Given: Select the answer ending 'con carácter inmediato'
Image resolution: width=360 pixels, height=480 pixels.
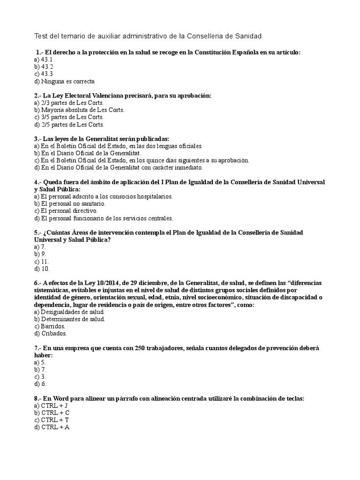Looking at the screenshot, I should pyautogui.click(x=122, y=167).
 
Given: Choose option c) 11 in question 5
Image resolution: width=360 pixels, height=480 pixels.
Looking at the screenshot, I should pyautogui.click(x=42, y=262).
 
